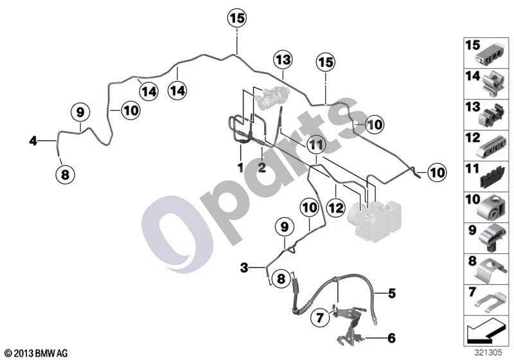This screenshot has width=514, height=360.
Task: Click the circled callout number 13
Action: (x=283, y=60)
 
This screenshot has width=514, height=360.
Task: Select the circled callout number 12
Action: (x=336, y=208)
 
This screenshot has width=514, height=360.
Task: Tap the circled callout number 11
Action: (x=316, y=145)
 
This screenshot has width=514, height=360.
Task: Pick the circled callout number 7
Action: (x=320, y=317)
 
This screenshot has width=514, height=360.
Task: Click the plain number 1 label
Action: (x=240, y=168)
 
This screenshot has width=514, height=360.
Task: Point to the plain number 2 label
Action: (x=261, y=168)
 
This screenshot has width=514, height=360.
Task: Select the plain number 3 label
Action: (x=244, y=267)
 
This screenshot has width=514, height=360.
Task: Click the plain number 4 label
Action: (x=33, y=141)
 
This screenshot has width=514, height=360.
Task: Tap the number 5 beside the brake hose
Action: (x=392, y=293)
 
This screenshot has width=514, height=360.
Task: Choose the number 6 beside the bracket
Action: (x=391, y=337)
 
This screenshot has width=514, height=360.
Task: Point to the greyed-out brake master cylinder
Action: (x=273, y=96)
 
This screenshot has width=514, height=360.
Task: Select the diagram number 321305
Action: (x=488, y=353)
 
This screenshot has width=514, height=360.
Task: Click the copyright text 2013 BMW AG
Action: (x=37, y=354)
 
